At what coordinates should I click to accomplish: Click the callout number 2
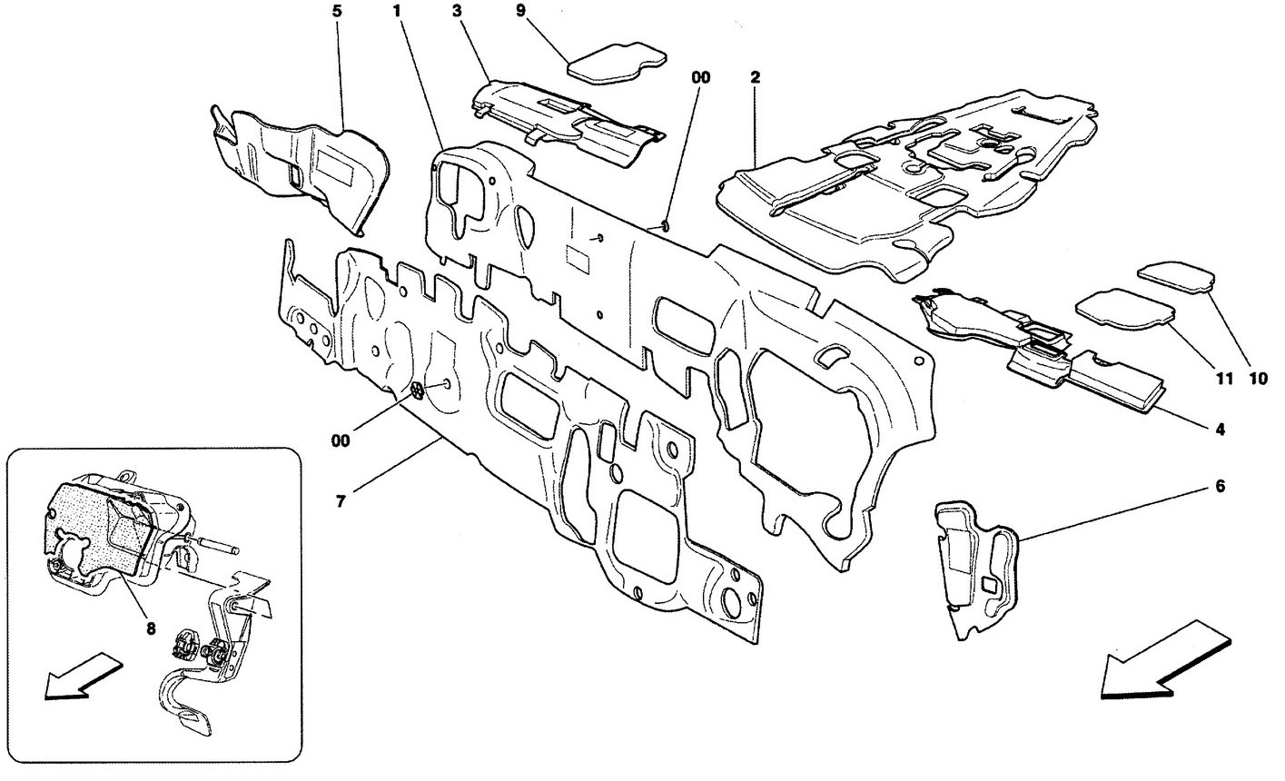755,78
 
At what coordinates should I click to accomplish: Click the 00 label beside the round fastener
340,440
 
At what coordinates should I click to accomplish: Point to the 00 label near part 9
700,79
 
